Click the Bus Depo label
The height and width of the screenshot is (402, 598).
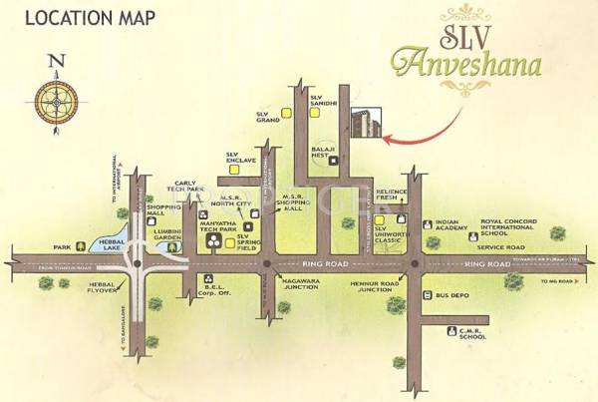[x=453, y=296]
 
